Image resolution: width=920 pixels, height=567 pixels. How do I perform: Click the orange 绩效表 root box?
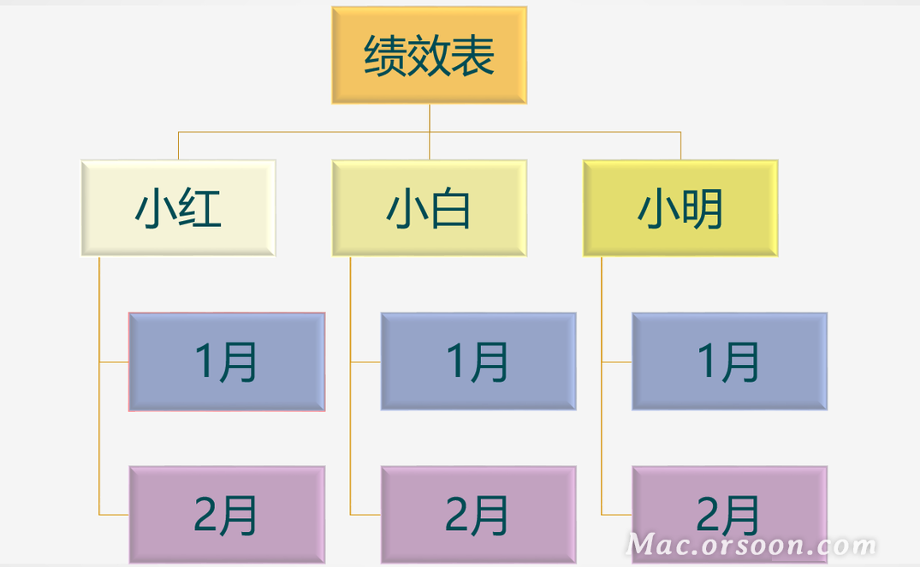(x=429, y=56)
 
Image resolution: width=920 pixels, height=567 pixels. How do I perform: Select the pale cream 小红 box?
(x=178, y=208)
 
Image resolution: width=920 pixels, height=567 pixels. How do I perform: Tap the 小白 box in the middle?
(x=429, y=208)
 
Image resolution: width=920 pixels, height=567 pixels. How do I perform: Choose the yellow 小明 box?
(x=680, y=208)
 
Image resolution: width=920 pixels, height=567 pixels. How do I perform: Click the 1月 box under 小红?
(x=227, y=361)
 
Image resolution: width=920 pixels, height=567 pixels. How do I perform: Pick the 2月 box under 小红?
(x=227, y=515)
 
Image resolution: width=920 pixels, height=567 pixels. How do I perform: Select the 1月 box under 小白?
(x=478, y=361)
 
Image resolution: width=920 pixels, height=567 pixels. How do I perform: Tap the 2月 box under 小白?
(x=478, y=515)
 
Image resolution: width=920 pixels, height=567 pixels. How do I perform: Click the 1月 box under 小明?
(x=729, y=361)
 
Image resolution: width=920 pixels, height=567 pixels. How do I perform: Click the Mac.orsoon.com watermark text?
(x=751, y=545)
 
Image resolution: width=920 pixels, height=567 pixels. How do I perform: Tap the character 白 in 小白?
(x=451, y=209)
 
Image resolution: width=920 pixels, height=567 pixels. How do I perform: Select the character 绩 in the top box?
(x=385, y=57)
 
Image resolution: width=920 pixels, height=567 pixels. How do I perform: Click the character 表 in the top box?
(x=473, y=57)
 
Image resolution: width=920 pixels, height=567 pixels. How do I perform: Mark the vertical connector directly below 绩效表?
(x=430, y=118)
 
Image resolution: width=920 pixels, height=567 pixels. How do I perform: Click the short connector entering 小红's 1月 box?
(x=114, y=362)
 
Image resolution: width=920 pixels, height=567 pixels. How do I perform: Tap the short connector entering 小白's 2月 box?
(x=365, y=515)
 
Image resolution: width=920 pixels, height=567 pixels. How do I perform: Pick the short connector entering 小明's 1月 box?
(x=616, y=362)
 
